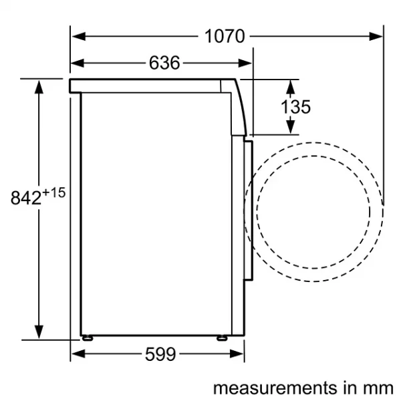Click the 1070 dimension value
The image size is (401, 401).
click(225, 36)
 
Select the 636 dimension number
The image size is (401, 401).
click(164, 63)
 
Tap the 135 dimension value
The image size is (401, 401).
click(295, 107)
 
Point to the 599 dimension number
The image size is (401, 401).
click(160, 354)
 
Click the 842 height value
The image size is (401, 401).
click(26, 198)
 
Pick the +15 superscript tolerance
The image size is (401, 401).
click(54, 192)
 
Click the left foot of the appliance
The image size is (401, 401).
click(88, 338)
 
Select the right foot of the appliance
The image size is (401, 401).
click(222, 338)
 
